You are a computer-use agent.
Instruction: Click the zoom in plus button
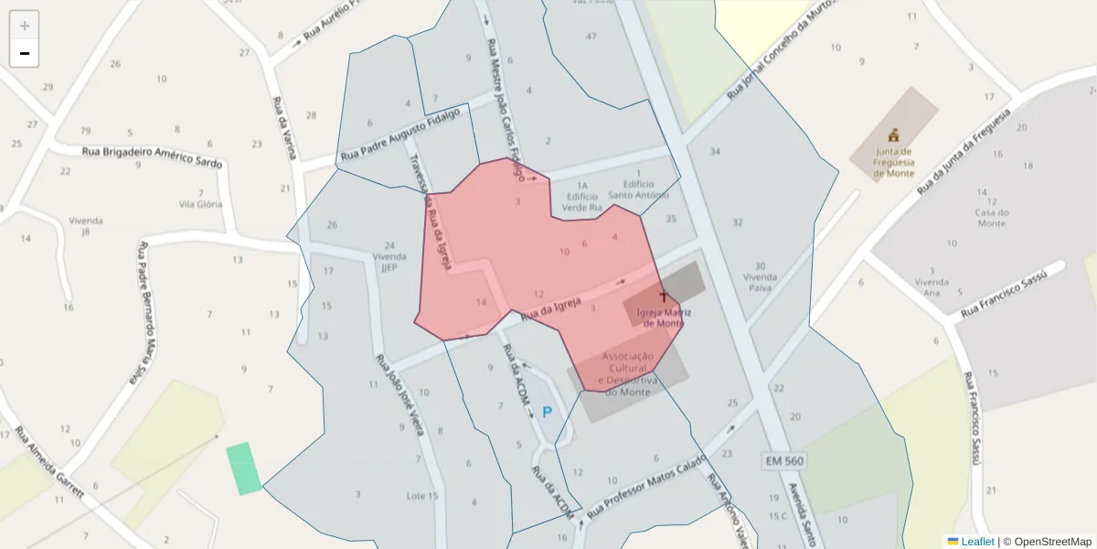[25, 26]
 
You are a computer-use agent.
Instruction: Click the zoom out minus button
[25, 53]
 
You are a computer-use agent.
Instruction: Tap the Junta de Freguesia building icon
[893, 135]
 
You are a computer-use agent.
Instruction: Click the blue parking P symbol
[548, 413]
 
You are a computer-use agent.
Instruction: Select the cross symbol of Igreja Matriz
[664, 297]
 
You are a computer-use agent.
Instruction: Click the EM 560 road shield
[783, 461]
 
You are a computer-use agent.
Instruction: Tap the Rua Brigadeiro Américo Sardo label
[153, 156]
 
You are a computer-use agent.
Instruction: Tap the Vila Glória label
[201, 204]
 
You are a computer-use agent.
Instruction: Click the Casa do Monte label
[991, 218]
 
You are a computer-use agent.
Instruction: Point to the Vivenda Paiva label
[760, 282]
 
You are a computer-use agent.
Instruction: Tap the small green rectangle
[244, 468]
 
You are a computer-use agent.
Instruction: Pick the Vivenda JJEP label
[389, 263]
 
